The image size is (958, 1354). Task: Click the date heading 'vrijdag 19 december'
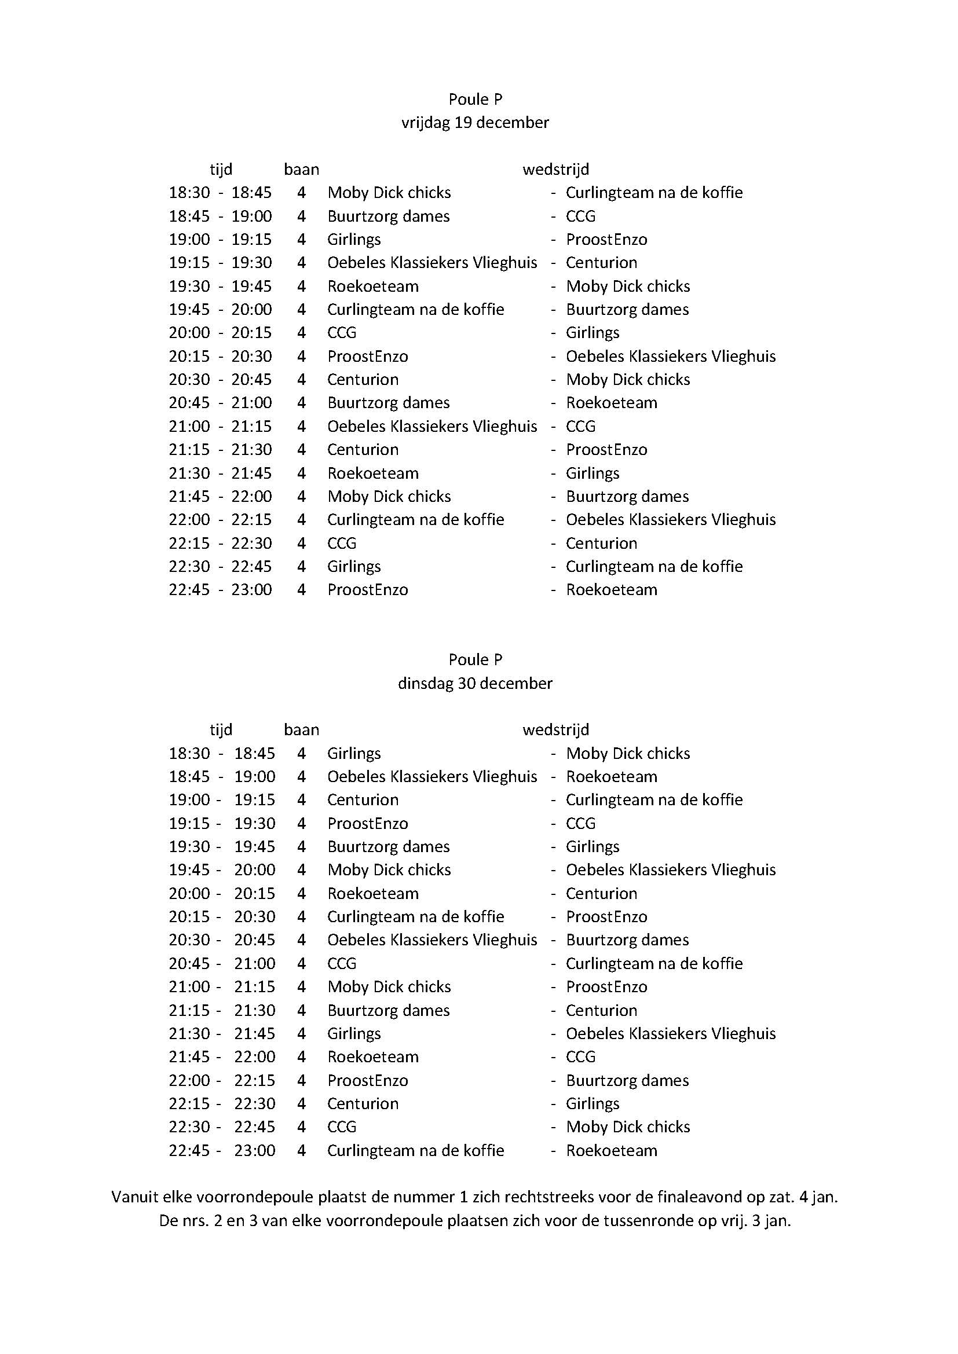(x=475, y=122)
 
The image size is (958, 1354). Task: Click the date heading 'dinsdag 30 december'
(x=475, y=683)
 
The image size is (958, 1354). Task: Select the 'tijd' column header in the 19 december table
(x=221, y=169)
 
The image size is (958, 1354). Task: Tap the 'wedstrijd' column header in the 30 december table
(x=555, y=729)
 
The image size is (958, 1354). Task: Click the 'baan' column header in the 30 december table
(x=301, y=729)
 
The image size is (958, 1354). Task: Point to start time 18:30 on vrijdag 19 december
(x=189, y=192)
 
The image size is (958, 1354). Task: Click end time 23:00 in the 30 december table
(x=255, y=1150)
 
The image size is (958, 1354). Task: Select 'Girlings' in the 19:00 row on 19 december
(x=354, y=240)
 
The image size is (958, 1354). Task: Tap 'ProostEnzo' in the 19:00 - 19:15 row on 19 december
(x=606, y=240)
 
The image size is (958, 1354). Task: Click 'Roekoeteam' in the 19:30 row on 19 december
(x=373, y=286)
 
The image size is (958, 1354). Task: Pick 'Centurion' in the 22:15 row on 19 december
(x=602, y=543)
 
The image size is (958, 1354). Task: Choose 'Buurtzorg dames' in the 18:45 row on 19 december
(x=388, y=216)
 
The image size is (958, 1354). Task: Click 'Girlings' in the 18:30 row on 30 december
(x=354, y=753)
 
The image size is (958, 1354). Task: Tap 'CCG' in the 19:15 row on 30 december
(x=580, y=823)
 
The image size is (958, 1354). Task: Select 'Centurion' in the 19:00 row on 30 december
(x=363, y=799)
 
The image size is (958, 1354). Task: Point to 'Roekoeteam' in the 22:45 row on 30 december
(x=612, y=1150)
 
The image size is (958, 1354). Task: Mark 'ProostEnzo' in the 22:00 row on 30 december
(x=368, y=1080)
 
